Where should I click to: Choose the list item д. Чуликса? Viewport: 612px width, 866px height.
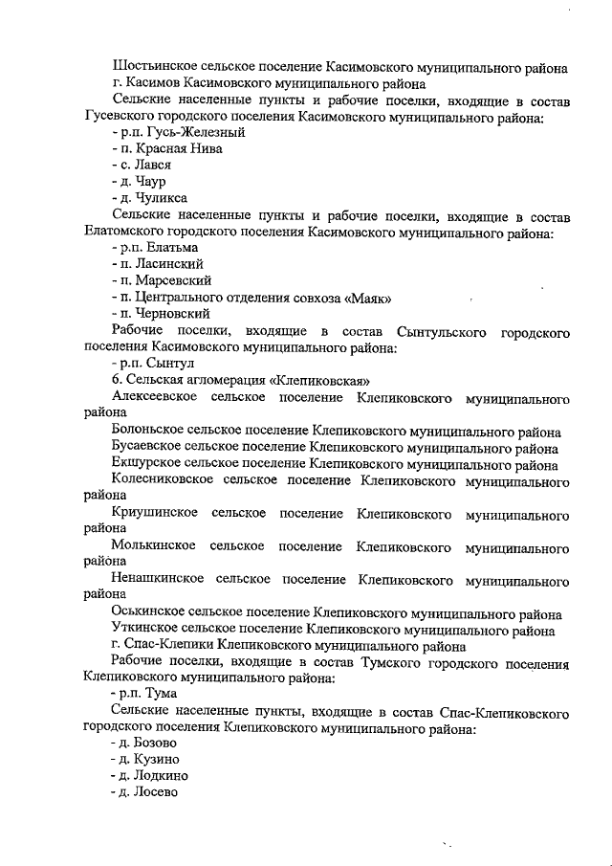(149, 197)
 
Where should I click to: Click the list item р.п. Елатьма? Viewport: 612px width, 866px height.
(155, 247)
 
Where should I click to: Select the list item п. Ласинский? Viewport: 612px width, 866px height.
(157, 263)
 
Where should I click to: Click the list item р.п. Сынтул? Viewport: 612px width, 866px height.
(153, 363)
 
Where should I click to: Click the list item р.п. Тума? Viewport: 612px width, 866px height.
(144, 693)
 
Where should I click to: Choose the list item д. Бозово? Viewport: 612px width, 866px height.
(144, 743)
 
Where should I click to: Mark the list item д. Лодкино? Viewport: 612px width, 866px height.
(149, 775)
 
